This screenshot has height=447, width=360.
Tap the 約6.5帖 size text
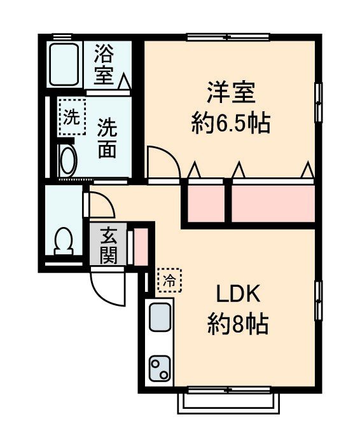tap(231, 123)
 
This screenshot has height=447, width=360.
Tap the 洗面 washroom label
tap(107, 138)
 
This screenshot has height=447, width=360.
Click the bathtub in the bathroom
tap(64, 65)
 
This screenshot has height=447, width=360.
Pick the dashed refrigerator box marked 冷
tap(169, 280)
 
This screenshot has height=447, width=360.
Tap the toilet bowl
tap(64, 240)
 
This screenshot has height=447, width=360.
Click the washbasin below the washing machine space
tap(66, 160)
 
